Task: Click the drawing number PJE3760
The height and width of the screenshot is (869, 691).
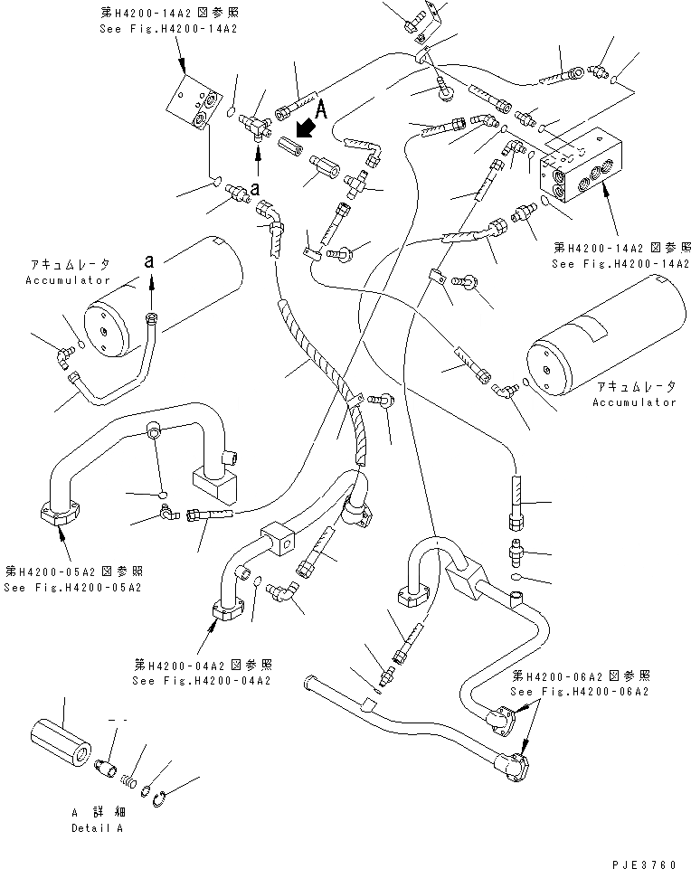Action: [644, 864]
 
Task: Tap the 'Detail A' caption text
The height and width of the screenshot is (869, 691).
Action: [97, 828]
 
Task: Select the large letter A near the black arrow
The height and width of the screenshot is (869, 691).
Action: [321, 109]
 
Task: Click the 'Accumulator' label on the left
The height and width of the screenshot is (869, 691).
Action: [68, 280]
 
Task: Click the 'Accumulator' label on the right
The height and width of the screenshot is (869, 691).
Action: [635, 402]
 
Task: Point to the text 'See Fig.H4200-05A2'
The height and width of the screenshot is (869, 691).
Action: [72, 588]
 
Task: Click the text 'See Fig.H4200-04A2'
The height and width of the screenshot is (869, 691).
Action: [202, 681]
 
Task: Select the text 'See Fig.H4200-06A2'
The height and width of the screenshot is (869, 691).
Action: [580, 692]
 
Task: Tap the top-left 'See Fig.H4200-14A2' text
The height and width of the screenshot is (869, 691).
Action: [168, 29]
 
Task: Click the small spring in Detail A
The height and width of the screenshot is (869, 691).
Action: [128, 779]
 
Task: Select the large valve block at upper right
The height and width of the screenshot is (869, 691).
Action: [580, 165]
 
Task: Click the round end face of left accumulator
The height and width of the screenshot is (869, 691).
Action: [106, 329]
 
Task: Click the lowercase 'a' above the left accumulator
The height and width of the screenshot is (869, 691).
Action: [148, 261]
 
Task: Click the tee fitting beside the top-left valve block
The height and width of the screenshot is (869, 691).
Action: [254, 127]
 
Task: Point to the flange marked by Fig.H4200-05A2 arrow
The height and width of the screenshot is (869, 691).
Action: [61, 514]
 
